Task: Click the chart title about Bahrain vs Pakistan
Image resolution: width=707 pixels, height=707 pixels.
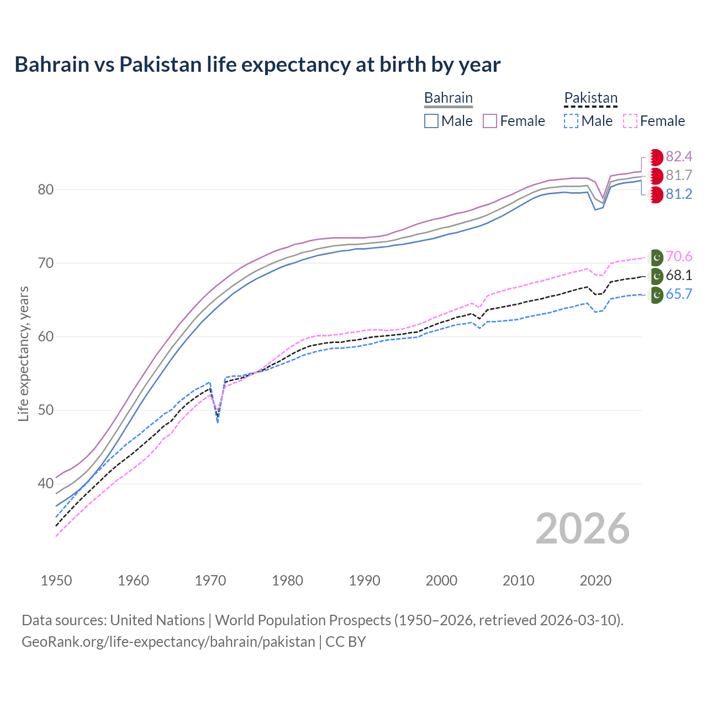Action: pyautogui.click(x=257, y=65)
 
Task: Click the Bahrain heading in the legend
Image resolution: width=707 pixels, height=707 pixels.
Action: pyautogui.click(x=448, y=98)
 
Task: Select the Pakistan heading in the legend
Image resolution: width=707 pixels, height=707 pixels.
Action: pyautogui.click(x=590, y=98)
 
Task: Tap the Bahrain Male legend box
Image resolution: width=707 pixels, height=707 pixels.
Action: pyautogui.click(x=431, y=121)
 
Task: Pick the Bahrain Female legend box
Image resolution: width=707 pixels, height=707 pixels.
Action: pyautogui.click(x=490, y=121)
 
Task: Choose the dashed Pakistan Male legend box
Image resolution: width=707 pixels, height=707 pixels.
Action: pyautogui.click(x=571, y=121)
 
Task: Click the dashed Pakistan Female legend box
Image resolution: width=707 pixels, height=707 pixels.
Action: pyautogui.click(x=630, y=121)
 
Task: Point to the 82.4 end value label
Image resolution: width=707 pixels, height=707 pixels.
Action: pyautogui.click(x=679, y=156)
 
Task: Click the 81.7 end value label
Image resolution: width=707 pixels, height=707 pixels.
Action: pyautogui.click(x=679, y=175)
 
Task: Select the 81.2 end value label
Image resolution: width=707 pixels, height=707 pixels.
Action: pyautogui.click(x=679, y=194)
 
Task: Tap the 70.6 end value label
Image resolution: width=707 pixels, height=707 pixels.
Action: pyautogui.click(x=679, y=256)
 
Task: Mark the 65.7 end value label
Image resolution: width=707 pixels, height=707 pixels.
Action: pyautogui.click(x=679, y=294)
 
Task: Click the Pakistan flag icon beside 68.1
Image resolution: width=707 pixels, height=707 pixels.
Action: pyautogui.click(x=656, y=276)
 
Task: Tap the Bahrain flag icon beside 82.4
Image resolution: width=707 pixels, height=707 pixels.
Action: pyautogui.click(x=656, y=157)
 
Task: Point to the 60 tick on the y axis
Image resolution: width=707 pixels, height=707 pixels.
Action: pyautogui.click(x=45, y=336)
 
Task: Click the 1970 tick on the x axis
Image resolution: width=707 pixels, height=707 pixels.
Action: pyautogui.click(x=210, y=581)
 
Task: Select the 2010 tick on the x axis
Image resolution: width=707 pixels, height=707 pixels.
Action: pyautogui.click(x=518, y=581)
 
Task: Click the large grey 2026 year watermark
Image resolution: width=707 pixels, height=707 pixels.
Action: pyautogui.click(x=582, y=529)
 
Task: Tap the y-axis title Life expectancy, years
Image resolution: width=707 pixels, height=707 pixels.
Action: pyautogui.click(x=23, y=353)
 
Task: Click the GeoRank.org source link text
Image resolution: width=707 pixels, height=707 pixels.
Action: pyautogui.click(x=168, y=642)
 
